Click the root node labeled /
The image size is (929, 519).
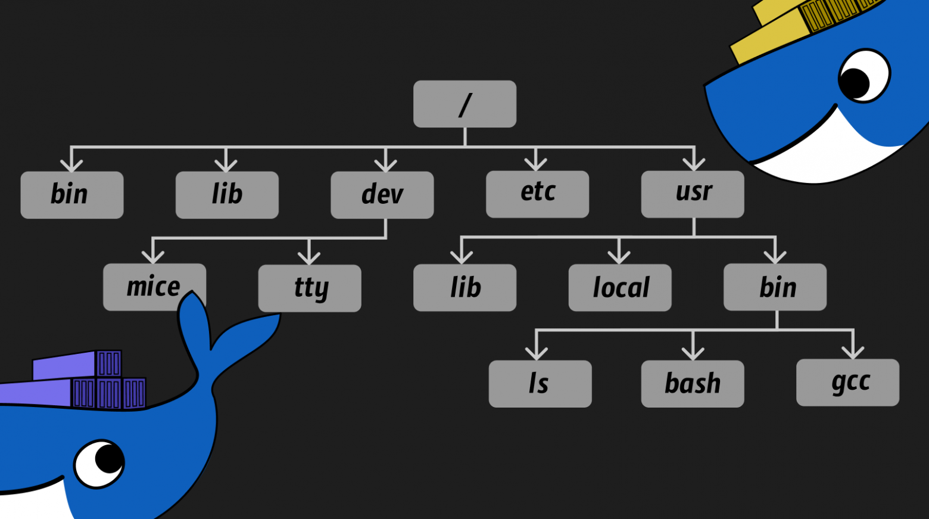[x=464, y=104]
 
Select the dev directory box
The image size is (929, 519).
[x=382, y=195]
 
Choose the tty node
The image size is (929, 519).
[x=309, y=288]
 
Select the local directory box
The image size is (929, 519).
[x=619, y=288]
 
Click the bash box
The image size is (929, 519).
[x=692, y=384]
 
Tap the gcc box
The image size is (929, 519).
[x=847, y=383]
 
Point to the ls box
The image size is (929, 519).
[x=540, y=384]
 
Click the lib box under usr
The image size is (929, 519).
[x=464, y=288]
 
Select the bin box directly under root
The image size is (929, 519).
[x=71, y=195]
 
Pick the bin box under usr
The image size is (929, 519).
[x=775, y=287]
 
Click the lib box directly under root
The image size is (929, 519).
[x=227, y=195]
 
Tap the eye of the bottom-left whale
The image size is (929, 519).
[x=100, y=463]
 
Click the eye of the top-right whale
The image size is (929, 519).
[x=863, y=76]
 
